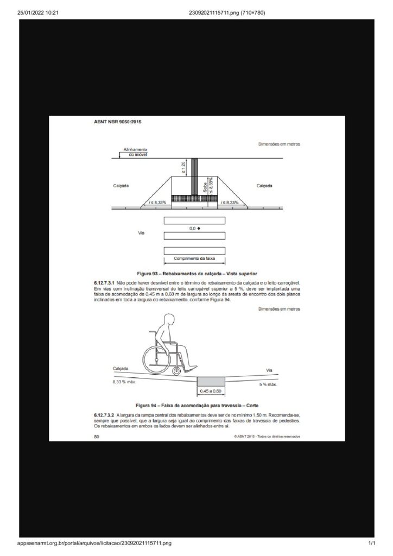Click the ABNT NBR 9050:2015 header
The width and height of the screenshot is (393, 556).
119,122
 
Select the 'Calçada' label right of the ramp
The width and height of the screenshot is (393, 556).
264,186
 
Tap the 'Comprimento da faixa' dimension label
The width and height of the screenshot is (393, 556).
194,259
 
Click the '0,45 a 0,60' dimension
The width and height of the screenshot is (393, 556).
211,391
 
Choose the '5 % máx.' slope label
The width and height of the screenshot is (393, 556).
268,384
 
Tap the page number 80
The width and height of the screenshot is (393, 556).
97,435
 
